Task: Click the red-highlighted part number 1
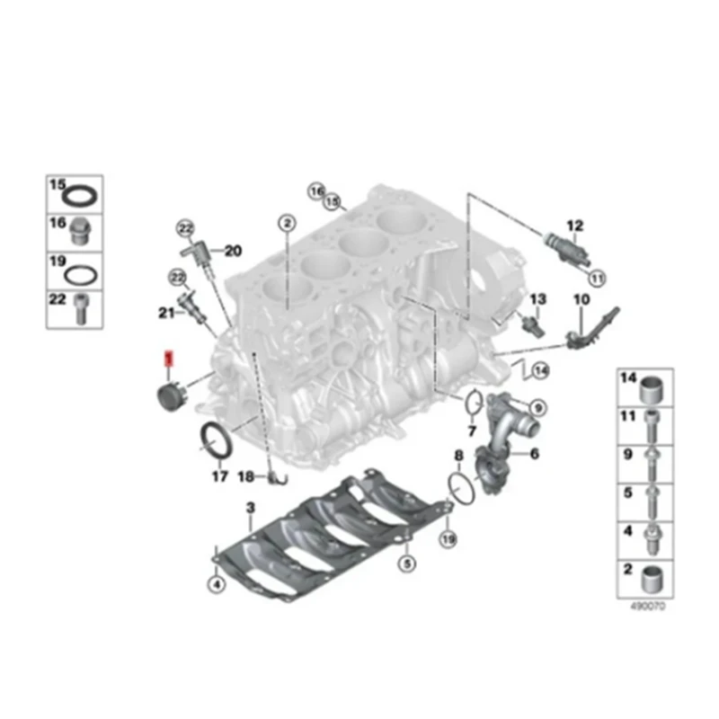166,359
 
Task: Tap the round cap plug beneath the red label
167,396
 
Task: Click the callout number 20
232,251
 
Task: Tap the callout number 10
581,298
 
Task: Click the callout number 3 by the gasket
251,510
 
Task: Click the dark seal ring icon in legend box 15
84,196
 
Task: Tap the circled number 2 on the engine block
286,222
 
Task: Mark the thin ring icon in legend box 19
84,272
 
